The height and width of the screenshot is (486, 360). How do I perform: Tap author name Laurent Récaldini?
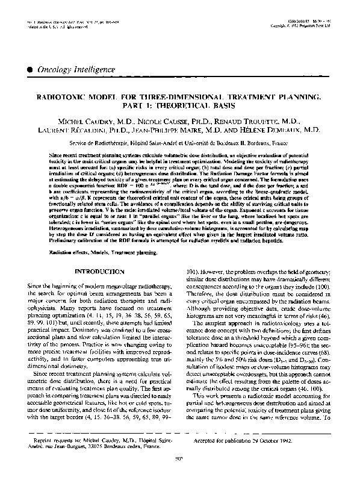pos(81,129)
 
